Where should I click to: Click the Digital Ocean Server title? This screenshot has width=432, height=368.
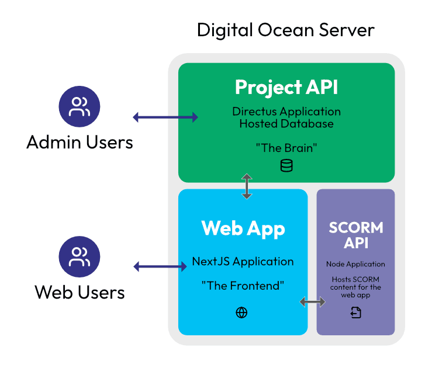[286, 30]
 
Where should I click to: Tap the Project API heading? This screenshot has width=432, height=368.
[286, 88]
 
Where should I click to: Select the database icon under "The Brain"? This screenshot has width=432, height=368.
[286, 166]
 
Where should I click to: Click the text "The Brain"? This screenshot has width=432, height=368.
[286, 148]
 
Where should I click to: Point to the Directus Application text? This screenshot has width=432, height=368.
[286, 112]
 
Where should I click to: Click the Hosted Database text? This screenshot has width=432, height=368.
[286, 124]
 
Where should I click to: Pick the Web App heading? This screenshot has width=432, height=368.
[243, 228]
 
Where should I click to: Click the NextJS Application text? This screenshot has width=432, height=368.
[243, 261]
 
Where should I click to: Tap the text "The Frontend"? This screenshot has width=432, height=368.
[243, 286]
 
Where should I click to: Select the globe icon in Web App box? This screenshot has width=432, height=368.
[241, 313]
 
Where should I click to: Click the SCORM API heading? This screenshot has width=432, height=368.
[355, 235]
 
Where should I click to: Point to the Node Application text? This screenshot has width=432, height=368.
[355, 264]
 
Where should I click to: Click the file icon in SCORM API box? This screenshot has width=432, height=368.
[356, 313]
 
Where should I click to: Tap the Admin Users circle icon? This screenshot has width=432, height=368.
[80, 107]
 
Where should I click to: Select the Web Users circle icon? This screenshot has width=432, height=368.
[80, 257]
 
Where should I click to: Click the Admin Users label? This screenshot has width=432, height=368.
[80, 142]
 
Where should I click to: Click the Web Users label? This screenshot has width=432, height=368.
[80, 291]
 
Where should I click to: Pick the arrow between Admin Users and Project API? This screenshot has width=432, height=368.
[165, 117]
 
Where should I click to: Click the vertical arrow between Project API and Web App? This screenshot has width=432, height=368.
[247, 186]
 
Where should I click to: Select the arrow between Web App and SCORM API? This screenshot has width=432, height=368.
[313, 301]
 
